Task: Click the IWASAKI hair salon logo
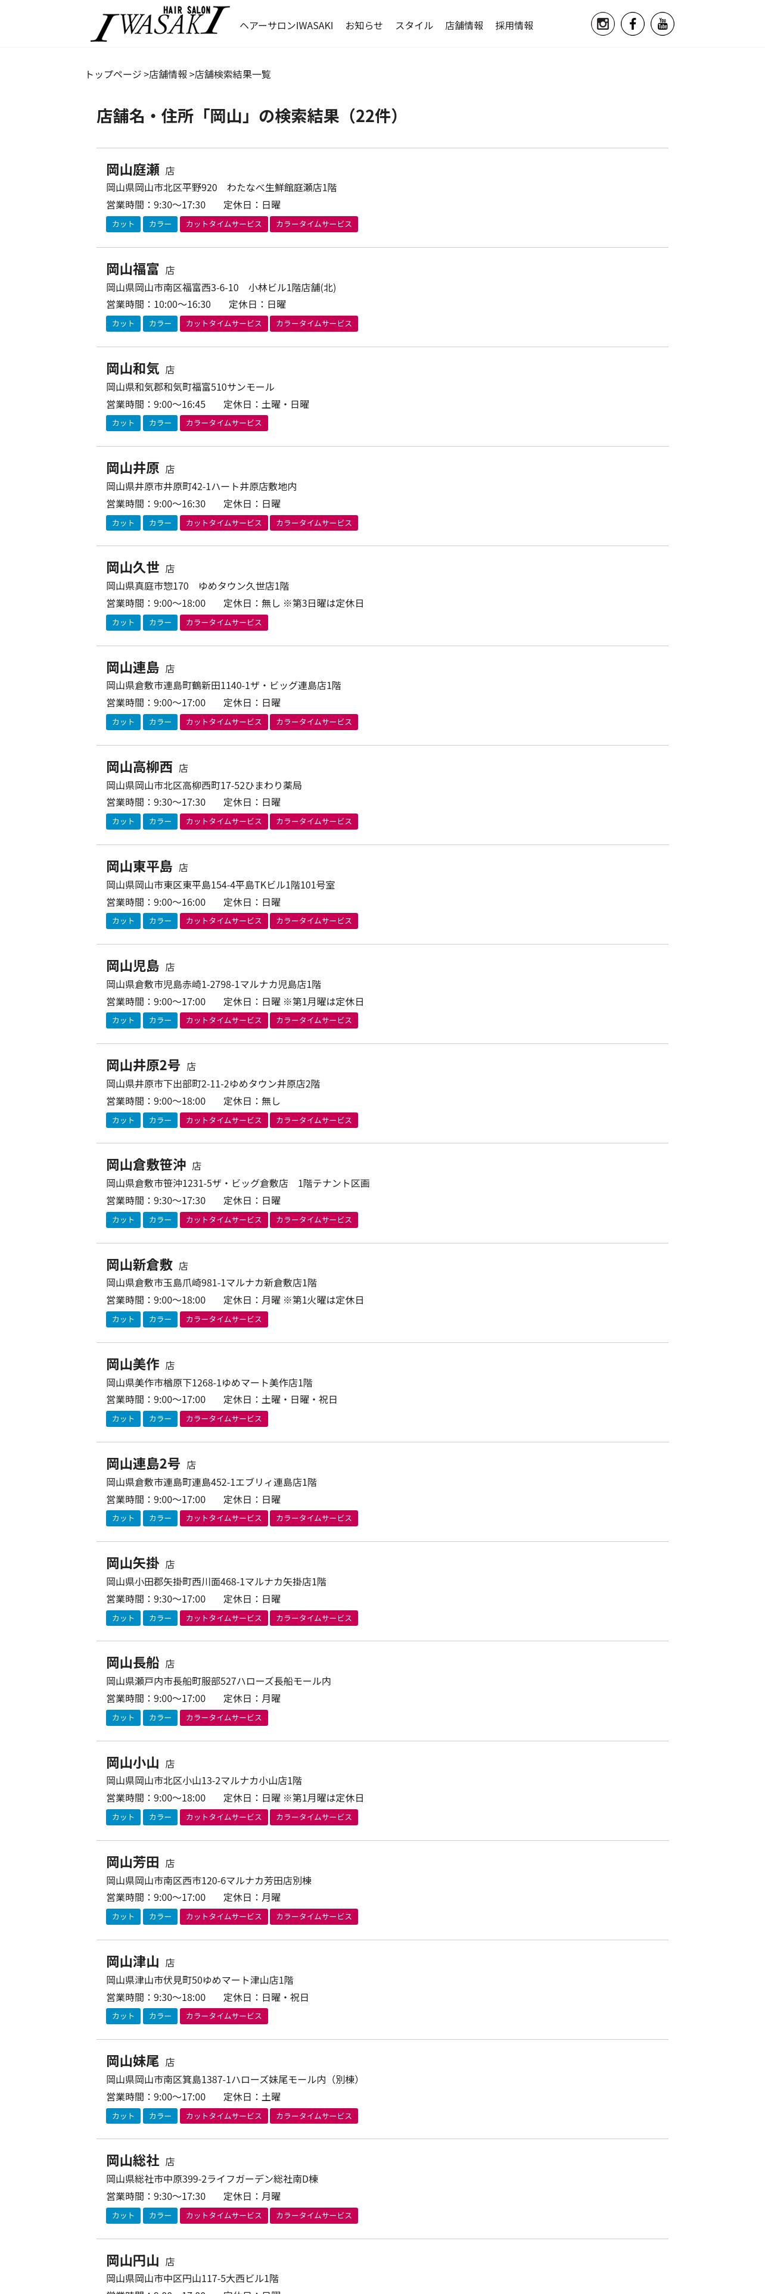pyautogui.click(x=160, y=24)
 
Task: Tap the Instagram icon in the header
pyautogui.click(x=603, y=24)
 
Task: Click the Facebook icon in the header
pyautogui.click(x=632, y=24)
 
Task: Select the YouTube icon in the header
pyautogui.click(x=662, y=24)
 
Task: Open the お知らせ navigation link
pyautogui.click(x=363, y=26)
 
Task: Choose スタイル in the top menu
pyautogui.click(x=413, y=26)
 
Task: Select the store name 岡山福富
pyautogui.click(x=133, y=270)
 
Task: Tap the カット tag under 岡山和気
pyautogui.click(x=123, y=423)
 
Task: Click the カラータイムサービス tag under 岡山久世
pyautogui.click(x=223, y=622)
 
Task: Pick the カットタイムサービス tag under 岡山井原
pyautogui.click(x=223, y=523)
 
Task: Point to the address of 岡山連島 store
pyautogui.click(x=223, y=685)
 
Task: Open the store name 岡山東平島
pyautogui.click(x=139, y=867)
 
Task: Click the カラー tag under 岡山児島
pyautogui.click(x=160, y=1021)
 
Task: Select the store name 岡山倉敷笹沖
pyautogui.click(x=146, y=1165)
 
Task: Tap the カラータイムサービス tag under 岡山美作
pyautogui.click(x=223, y=1419)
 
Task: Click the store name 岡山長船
pyautogui.click(x=133, y=1663)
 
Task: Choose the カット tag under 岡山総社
pyautogui.click(x=123, y=2215)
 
